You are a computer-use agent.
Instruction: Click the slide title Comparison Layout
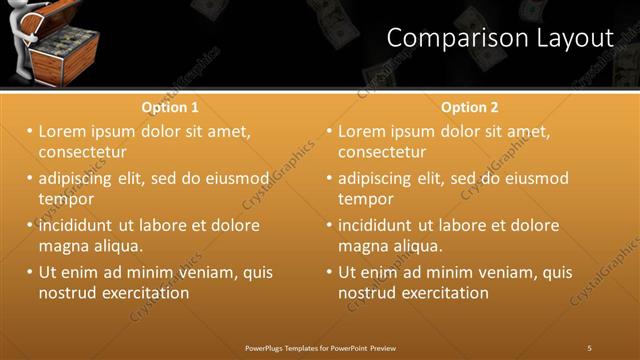[499, 38]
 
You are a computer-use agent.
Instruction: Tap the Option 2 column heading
[469, 107]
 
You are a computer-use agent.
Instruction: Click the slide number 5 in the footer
[589, 347]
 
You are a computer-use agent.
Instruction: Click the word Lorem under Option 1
[63, 131]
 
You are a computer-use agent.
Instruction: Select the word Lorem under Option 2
[363, 131]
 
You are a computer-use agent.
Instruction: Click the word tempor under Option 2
[366, 199]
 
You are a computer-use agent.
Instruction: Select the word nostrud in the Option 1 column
[67, 293]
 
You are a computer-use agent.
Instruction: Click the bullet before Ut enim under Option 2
[329, 272]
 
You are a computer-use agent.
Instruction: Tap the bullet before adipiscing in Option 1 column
[29, 179]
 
